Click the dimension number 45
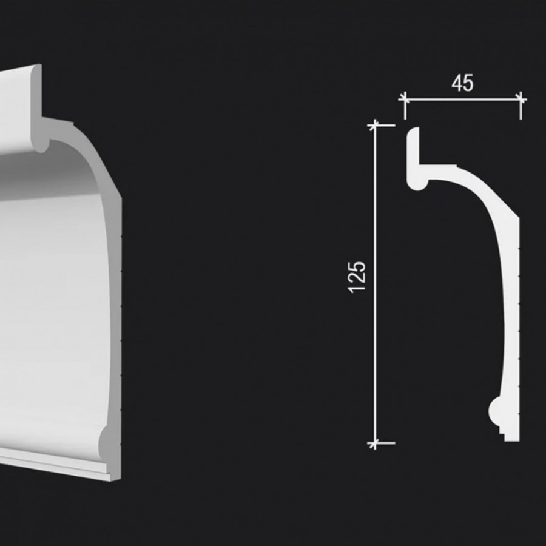click(462, 84)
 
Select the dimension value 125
click(358, 277)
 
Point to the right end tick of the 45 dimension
click(521, 99)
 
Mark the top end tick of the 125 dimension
click(375, 126)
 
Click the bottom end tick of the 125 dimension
click(375, 443)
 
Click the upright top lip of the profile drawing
click(414, 146)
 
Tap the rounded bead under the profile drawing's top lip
click(417, 181)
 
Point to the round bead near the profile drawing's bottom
click(497, 412)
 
